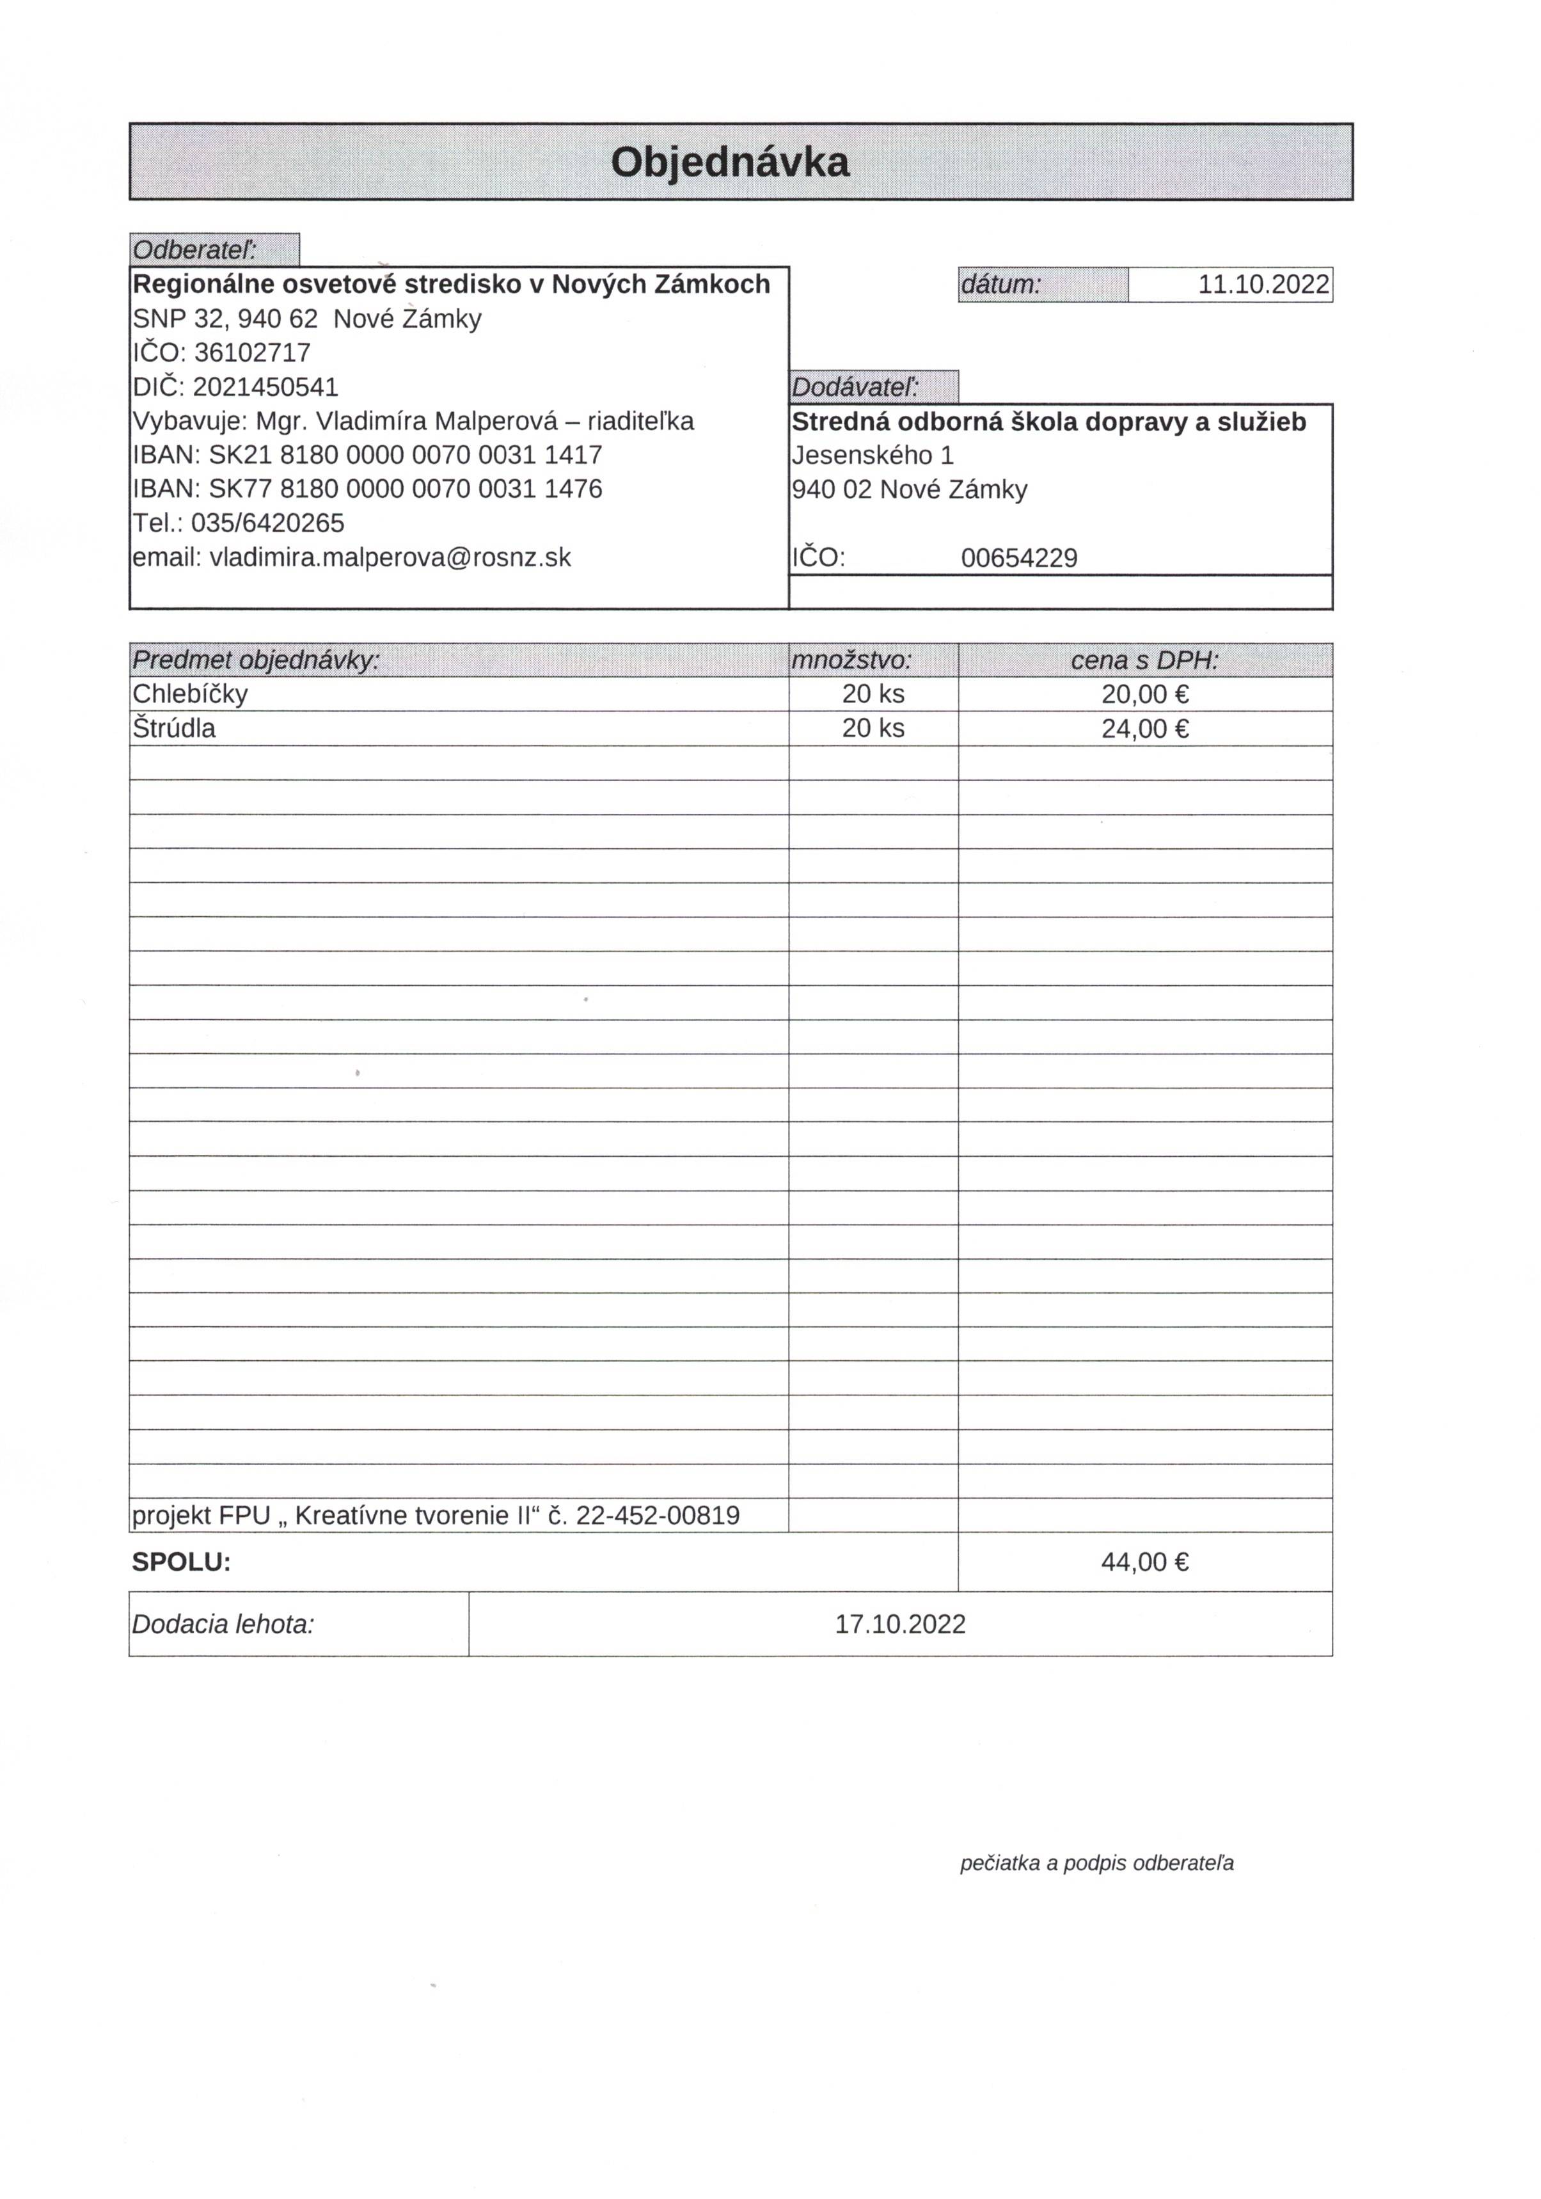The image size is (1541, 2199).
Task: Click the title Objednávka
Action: [x=730, y=162]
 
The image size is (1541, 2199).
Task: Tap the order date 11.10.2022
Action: [x=1263, y=285]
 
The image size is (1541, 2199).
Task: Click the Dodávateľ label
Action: [x=855, y=387]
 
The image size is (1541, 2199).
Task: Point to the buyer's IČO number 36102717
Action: [x=252, y=353]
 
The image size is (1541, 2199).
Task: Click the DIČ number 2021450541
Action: [x=265, y=387]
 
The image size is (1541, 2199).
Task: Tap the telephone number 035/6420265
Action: [x=267, y=523]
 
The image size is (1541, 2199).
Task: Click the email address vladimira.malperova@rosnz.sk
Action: [x=390, y=557]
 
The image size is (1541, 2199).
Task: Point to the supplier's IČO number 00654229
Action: [x=1019, y=559]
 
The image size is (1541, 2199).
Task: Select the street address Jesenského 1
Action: [x=873, y=455]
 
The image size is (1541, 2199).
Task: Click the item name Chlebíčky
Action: [x=189, y=694]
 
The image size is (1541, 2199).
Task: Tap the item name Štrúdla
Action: [x=174, y=729]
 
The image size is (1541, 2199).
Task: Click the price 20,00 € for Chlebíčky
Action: [x=1144, y=694]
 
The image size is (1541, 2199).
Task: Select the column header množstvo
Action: [x=851, y=660]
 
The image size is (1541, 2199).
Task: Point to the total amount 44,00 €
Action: [x=1144, y=1562]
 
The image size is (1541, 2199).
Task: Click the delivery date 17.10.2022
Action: [x=900, y=1624]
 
